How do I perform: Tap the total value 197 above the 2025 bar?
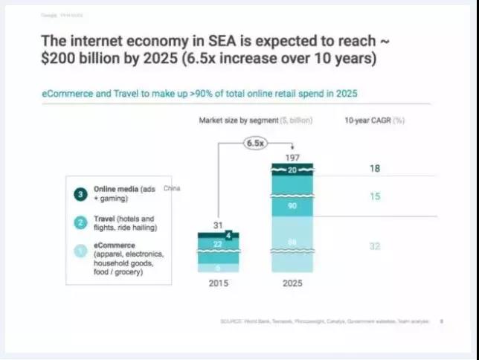point(293,158)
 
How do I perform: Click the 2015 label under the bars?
point(218,283)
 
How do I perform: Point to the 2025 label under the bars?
point(293,283)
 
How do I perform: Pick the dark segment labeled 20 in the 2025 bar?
point(293,170)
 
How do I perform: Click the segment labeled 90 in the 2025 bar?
point(293,205)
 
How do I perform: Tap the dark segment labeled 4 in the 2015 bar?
point(228,236)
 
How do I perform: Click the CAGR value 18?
point(374,169)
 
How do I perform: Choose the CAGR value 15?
point(374,196)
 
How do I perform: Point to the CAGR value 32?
point(374,245)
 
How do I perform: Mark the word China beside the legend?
point(171,189)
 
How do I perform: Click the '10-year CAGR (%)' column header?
point(374,120)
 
